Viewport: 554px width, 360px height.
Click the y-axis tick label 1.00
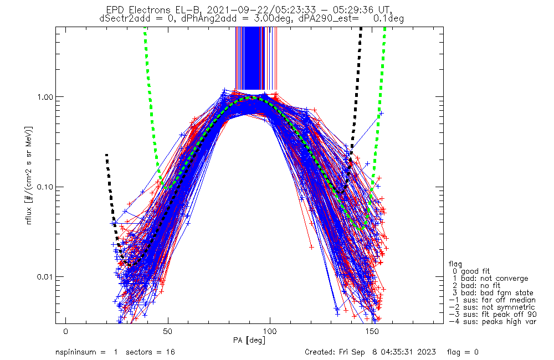tap(46, 97)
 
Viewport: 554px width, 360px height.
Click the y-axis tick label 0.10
tap(46, 187)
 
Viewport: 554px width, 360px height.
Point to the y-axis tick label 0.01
tap(46, 277)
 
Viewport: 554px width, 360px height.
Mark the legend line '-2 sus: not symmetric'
tap(492, 307)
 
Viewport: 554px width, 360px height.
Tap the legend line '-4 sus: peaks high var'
tap(493, 321)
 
